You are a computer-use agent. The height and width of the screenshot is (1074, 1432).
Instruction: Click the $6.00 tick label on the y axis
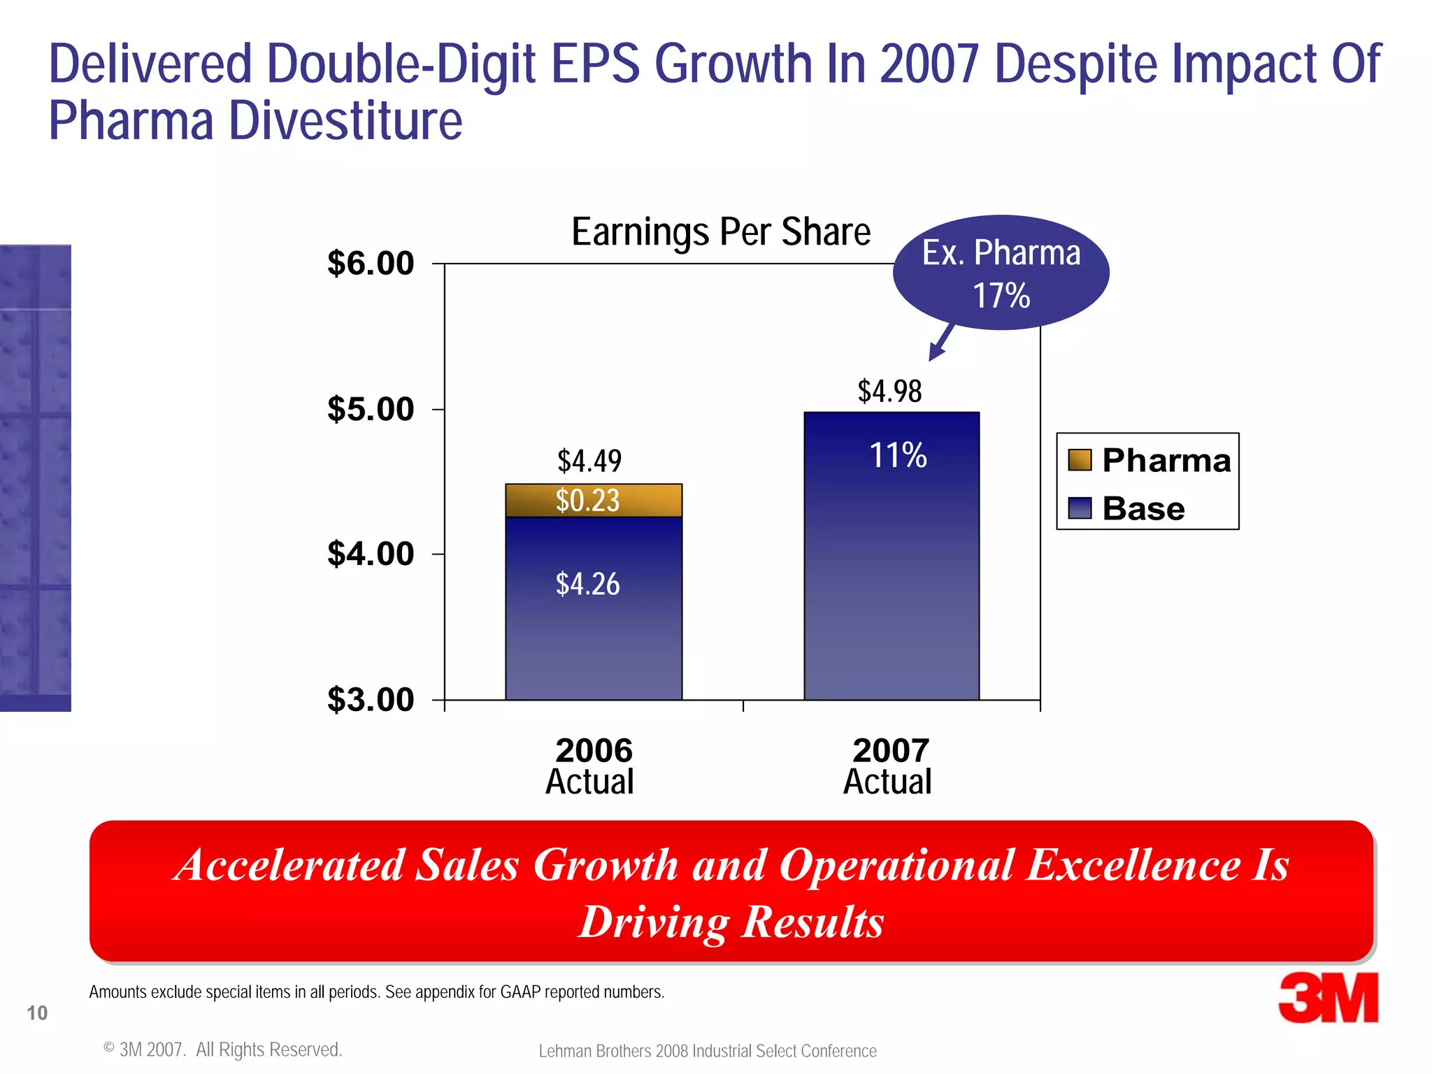(371, 264)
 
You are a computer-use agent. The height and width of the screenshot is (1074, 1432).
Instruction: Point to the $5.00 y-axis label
(371, 409)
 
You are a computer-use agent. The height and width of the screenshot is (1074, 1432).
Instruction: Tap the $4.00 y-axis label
(371, 554)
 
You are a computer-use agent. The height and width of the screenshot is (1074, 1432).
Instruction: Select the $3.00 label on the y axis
(371, 699)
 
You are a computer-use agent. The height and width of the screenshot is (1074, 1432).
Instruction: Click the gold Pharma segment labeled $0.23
(593, 501)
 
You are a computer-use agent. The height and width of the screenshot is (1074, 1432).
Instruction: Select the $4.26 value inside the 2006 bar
(587, 584)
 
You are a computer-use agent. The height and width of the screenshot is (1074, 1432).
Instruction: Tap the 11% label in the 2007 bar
(898, 456)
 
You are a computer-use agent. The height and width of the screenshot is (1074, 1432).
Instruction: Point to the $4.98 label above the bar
(889, 392)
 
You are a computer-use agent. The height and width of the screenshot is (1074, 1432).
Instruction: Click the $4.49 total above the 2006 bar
(589, 461)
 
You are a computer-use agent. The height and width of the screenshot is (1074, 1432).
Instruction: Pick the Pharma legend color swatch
(1080, 460)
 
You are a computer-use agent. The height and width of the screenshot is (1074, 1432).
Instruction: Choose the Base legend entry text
(1143, 508)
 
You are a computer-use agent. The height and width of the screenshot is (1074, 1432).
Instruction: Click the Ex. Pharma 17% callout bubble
(1001, 273)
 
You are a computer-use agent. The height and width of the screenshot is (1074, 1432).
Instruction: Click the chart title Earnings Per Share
(720, 232)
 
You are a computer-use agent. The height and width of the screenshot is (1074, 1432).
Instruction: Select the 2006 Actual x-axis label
(592, 766)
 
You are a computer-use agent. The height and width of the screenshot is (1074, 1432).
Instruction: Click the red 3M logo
(1328, 998)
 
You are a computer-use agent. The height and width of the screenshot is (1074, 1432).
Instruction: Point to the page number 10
(37, 1012)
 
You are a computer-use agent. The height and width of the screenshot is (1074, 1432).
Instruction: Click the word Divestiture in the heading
(345, 121)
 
